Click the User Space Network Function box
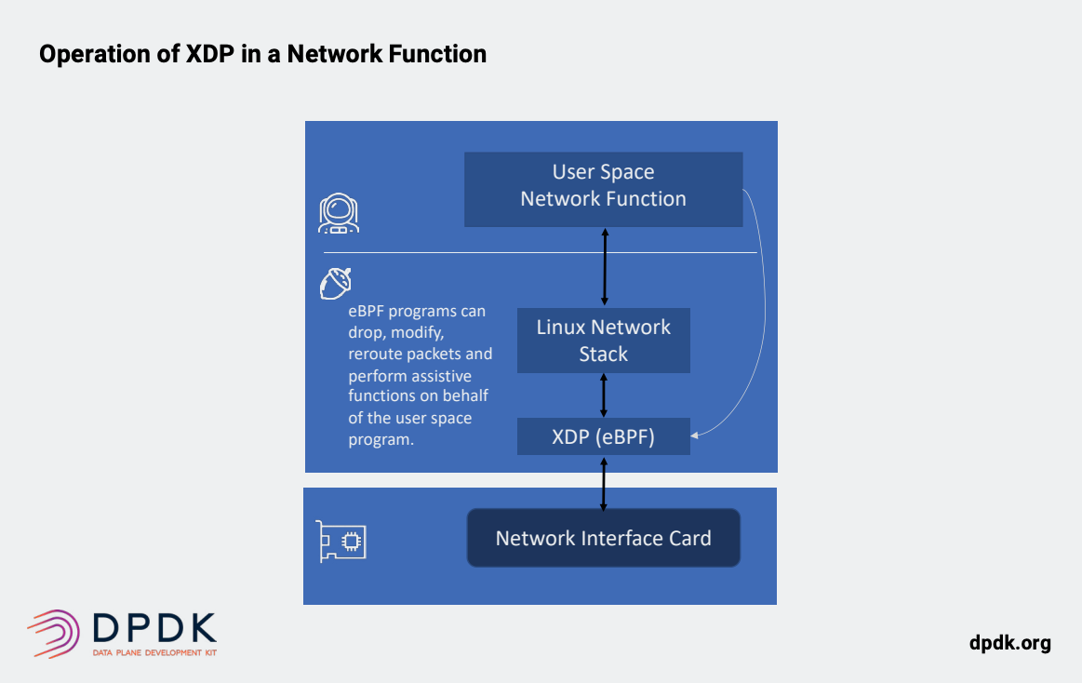[603, 189]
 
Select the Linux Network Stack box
[603, 341]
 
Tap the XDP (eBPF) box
[603, 436]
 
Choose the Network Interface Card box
[603, 538]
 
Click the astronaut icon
[338, 213]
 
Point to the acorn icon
[335, 284]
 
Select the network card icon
[341, 542]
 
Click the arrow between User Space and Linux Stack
[605, 267]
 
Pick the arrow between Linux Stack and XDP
[604, 395]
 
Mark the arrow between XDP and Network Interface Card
[604, 484]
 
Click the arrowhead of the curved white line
[694, 435]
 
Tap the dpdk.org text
[1009, 643]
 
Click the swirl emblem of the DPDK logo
[54, 634]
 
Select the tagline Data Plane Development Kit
[154, 652]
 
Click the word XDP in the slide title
[209, 54]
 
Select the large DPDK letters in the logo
[154, 627]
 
